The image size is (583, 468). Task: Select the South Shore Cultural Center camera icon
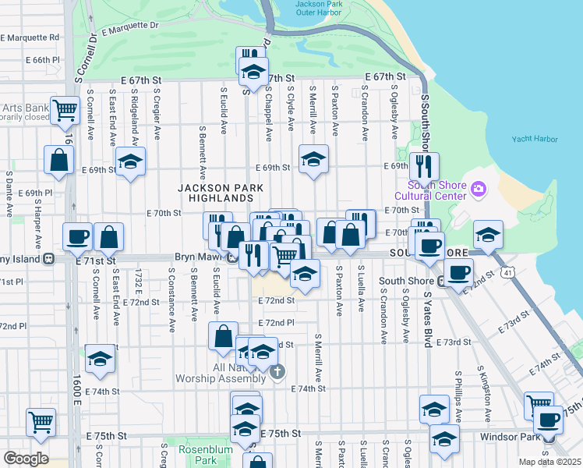(x=478, y=188)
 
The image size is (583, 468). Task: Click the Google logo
(x=26, y=458)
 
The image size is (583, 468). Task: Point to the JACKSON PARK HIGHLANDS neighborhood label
(x=221, y=193)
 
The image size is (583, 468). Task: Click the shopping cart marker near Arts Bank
(x=65, y=110)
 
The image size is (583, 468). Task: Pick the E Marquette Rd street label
(x=32, y=37)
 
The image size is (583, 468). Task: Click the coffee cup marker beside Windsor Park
(x=548, y=420)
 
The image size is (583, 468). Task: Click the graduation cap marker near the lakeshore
(x=488, y=234)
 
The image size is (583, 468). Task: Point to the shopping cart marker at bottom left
(x=41, y=421)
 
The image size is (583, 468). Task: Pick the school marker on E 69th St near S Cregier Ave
(x=131, y=162)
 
